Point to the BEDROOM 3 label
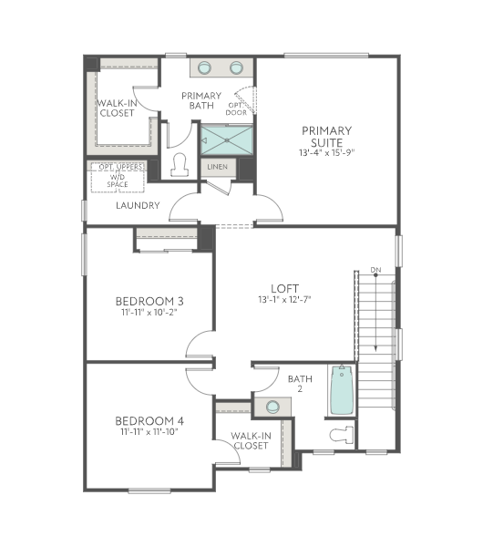[x=149, y=301]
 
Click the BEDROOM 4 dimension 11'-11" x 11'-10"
[x=149, y=432]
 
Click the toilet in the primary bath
[x=180, y=165]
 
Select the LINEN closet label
[x=217, y=168]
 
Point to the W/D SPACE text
[x=118, y=181]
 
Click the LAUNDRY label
[x=138, y=205]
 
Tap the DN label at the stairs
[x=375, y=269]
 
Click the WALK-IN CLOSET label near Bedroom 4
[x=250, y=440]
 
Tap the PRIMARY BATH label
[x=201, y=100]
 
